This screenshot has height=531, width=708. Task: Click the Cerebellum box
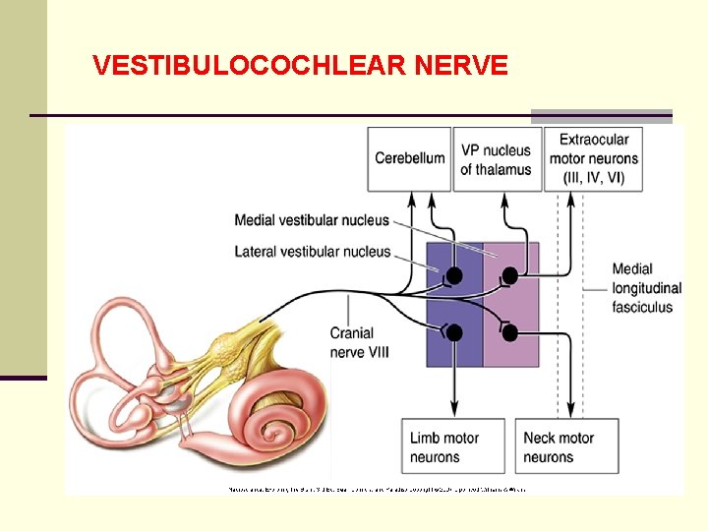point(410,158)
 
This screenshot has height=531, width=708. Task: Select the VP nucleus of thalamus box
point(496,159)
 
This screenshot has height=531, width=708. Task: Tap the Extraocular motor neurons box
point(594,158)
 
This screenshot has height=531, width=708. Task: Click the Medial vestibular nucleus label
point(312,220)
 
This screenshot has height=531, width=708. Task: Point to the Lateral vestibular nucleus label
point(312,252)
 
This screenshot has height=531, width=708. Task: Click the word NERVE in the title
point(461,66)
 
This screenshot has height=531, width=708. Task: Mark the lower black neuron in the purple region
point(454,332)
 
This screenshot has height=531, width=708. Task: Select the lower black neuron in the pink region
point(509,332)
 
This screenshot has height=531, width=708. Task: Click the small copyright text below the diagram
point(377,488)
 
